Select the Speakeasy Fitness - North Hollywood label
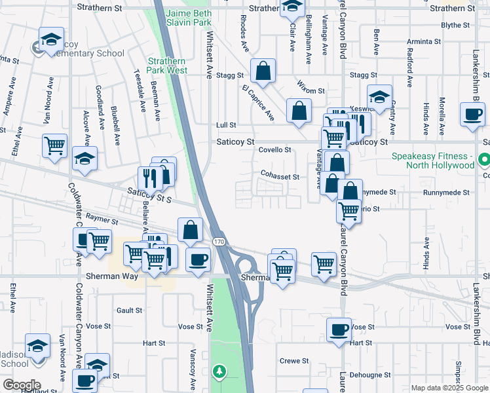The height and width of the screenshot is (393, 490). click(433, 160)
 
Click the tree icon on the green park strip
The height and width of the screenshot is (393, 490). click(219, 372)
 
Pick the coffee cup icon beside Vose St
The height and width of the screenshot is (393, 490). click(339, 329)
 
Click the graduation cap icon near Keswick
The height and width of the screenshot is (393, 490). click(379, 97)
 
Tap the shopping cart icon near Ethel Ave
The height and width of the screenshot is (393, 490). click(54, 145)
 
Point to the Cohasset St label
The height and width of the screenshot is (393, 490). click(280, 177)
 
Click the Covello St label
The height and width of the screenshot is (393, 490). click(274, 150)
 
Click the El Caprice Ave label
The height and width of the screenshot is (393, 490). click(257, 103)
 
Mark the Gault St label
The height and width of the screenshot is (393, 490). click(124, 310)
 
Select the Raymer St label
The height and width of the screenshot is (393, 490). click(101, 223)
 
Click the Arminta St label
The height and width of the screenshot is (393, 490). click(424, 41)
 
